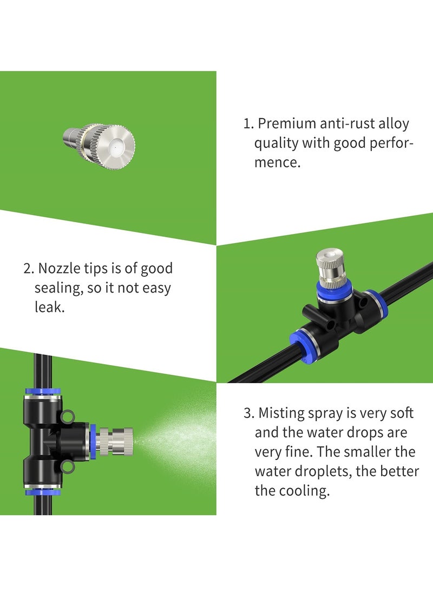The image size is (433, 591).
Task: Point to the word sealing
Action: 58,288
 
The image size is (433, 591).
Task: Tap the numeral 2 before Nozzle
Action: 27,268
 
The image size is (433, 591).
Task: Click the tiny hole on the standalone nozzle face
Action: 115,145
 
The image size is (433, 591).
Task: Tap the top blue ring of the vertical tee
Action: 43,391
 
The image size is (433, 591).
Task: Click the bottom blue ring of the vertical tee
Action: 43,491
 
